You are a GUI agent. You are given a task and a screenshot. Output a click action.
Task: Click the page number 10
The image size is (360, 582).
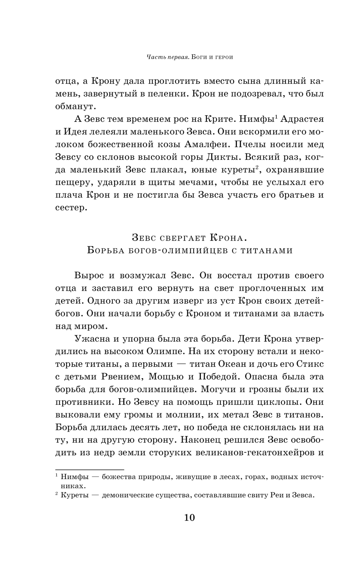(x=189, y=518)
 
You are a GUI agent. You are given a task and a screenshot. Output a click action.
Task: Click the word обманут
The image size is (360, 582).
(x=76, y=106)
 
